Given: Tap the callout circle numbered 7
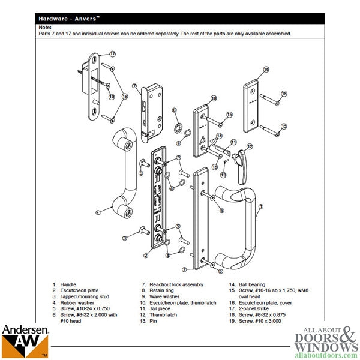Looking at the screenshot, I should click(x=136, y=85).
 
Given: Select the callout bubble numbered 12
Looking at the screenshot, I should click(x=250, y=146).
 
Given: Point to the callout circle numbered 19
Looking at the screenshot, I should click(x=112, y=97).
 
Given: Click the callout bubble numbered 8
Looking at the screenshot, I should click(x=175, y=110).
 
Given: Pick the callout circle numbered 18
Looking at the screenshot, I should click(x=125, y=96).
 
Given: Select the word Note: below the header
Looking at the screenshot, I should click(x=44, y=28).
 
